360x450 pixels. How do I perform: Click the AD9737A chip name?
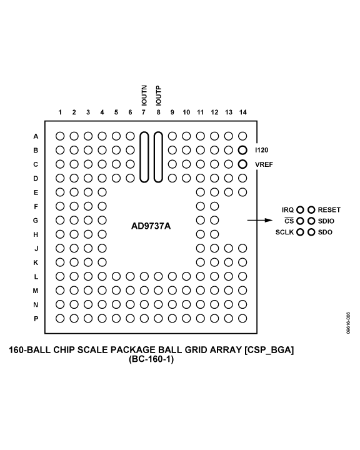(x=150, y=226)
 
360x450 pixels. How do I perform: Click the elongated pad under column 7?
(x=144, y=156)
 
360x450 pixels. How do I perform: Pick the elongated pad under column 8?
(x=158, y=156)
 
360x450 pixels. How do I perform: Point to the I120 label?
(x=262, y=150)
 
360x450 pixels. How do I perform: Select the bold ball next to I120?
(x=242, y=150)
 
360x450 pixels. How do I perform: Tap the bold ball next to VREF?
(x=242, y=164)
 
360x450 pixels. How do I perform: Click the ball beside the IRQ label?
(x=300, y=210)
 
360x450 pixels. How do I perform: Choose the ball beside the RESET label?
(x=311, y=210)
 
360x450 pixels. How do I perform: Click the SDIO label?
(x=327, y=221)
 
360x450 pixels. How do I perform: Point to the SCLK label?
(x=284, y=232)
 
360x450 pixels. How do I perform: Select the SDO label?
(x=325, y=232)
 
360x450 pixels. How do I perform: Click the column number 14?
(x=242, y=112)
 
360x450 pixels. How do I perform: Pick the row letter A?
(x=36, y=136)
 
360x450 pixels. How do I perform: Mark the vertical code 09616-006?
(x=347, y=324)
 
